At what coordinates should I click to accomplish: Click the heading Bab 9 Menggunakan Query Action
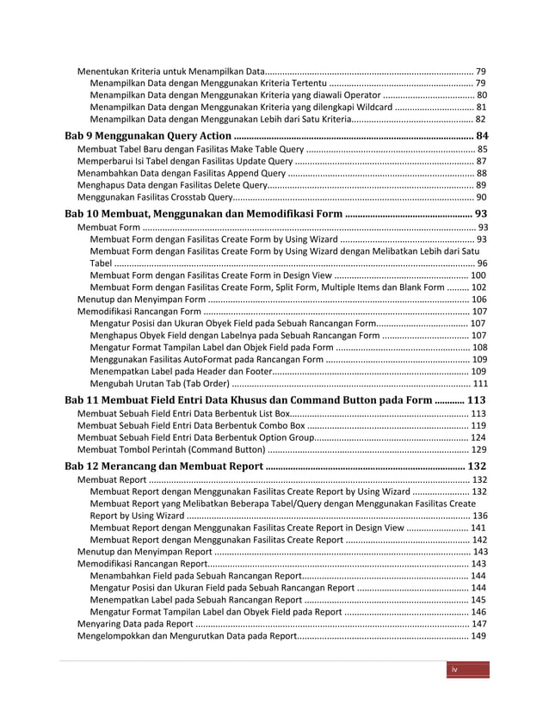148,136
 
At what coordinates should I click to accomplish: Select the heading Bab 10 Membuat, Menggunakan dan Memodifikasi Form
204,213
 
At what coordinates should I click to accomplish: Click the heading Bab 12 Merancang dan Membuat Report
165,466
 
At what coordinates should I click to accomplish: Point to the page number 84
482,136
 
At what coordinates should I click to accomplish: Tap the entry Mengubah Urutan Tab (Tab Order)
160,384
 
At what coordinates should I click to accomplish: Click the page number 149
479,637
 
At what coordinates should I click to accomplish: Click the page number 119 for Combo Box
479,425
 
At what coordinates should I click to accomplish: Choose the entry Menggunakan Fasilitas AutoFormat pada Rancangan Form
207,359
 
